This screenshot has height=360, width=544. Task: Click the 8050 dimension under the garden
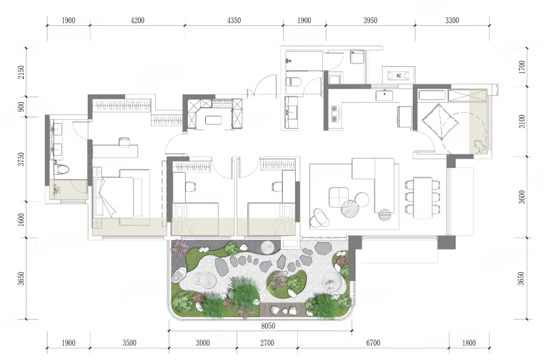pyautogui.click(x=268, y=325)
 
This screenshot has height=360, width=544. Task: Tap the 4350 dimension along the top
pyautogui.click(x=234, y=20)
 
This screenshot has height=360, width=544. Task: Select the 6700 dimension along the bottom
pyautogui.click(x=373, y=343)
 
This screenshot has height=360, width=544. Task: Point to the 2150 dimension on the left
pyautogui.click(x=22, y=72)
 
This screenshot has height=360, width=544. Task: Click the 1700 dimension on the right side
pyautogui.click(x=522, y=67)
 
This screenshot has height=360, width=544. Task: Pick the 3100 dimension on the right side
pyautogui.click(x=522, y=121)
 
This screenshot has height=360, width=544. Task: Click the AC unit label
pyautogui.click(x=398, y=76)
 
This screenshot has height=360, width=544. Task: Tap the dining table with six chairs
pyautogui.click(x=422, y=197)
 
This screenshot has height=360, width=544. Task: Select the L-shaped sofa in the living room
pyautogui.click(x=373, y=184)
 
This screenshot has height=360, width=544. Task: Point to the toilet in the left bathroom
pyautogui.click(x=61, y=169)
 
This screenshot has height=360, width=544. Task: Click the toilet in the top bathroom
pyautogui.click(x=294, y=82)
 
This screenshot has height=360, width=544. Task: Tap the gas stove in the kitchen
pyautogui.click(x=335, y=114)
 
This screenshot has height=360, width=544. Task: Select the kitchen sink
pyautogui.click(x=384, y=95)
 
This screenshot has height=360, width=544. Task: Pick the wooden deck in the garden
pyautogui.click(x=282, y=309)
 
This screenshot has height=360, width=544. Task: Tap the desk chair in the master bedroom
pyautogui.click(x=124, y=141)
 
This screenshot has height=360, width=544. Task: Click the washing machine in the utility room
pyautogui.click(x=357, y=57)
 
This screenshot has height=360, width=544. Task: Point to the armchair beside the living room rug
pyautogui.click(x=320, y=217)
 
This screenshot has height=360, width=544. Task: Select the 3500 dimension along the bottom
pyautogui.click(x=129, y=343)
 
